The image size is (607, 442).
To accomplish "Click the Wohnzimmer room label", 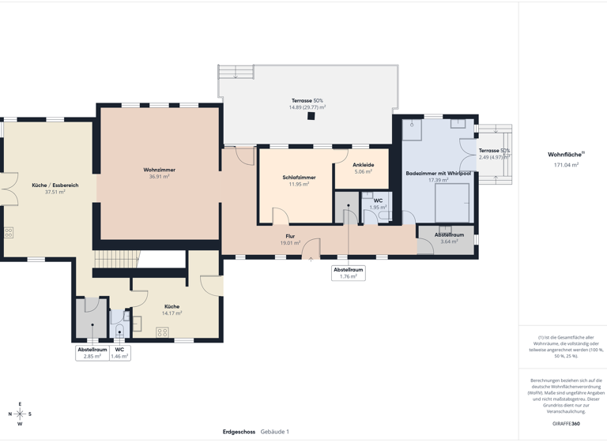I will point(160,170).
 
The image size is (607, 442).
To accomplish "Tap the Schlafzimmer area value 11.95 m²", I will point(299,185).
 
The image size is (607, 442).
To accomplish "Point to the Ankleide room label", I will point(364,164).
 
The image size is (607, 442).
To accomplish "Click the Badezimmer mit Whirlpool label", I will point(438,172).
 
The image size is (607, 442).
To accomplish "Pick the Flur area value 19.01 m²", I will point(290,243).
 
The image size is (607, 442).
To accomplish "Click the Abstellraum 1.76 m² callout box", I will point(349,272).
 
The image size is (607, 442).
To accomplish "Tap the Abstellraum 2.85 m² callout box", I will point(92,353).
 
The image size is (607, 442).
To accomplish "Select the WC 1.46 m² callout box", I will point(119,353).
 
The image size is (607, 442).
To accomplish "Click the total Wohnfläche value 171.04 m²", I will point(566,165).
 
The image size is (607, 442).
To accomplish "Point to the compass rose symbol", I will point(21,414).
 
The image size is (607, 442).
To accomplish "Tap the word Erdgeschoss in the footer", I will point(239,432).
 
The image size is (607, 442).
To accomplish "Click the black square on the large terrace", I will point(311,116).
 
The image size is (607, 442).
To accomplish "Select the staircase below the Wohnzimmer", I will point(116,259).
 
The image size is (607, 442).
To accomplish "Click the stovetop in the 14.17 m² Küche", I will point(162,332).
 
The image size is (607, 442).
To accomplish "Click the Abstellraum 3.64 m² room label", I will point(449,234).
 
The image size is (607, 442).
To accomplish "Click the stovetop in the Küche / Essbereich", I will point(8,233).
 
